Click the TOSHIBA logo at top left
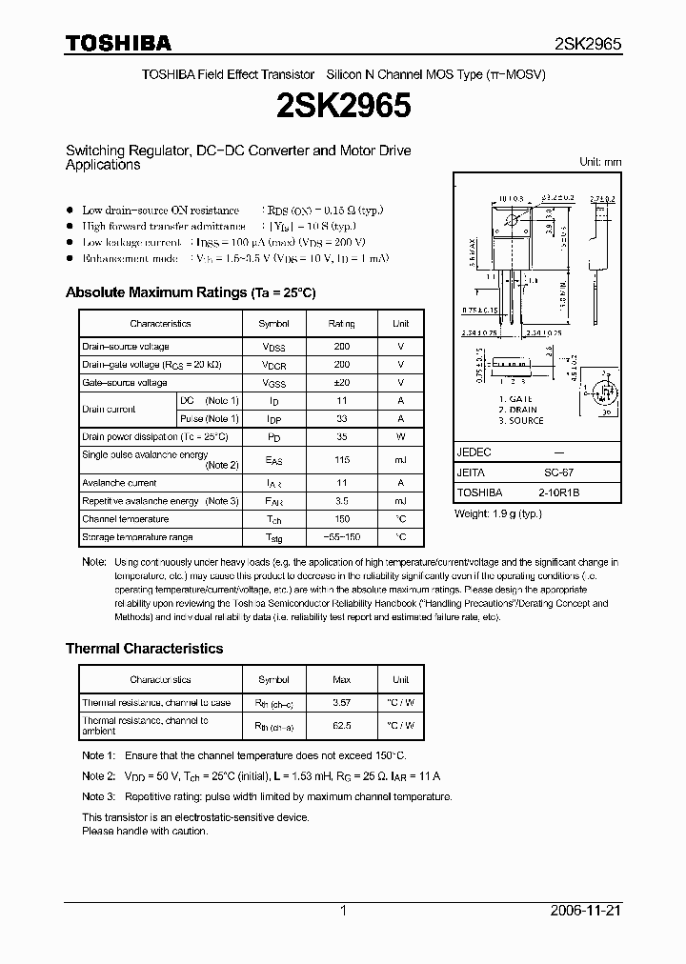click(x=118, y=43)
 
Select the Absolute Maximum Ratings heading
click(x=190, y=292)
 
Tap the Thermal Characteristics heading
click(x=144, y=648)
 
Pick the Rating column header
click(x=341, y=324)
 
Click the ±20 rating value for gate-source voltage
click(x=341, y=382)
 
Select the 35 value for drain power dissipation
click(x=341, y=436)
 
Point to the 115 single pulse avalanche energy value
click(x=341, y=459)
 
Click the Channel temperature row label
click(x=125, y=519)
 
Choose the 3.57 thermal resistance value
click(x=341, y=703)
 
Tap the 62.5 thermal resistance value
click(x=341, y=725)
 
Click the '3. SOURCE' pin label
click(x=521, y=420)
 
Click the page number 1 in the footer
click(x=343, y=911)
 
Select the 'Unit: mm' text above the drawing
click(x=600, y=162)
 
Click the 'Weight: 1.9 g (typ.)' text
click(x=498, y=513)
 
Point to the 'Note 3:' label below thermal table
click(x=98, y=796)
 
